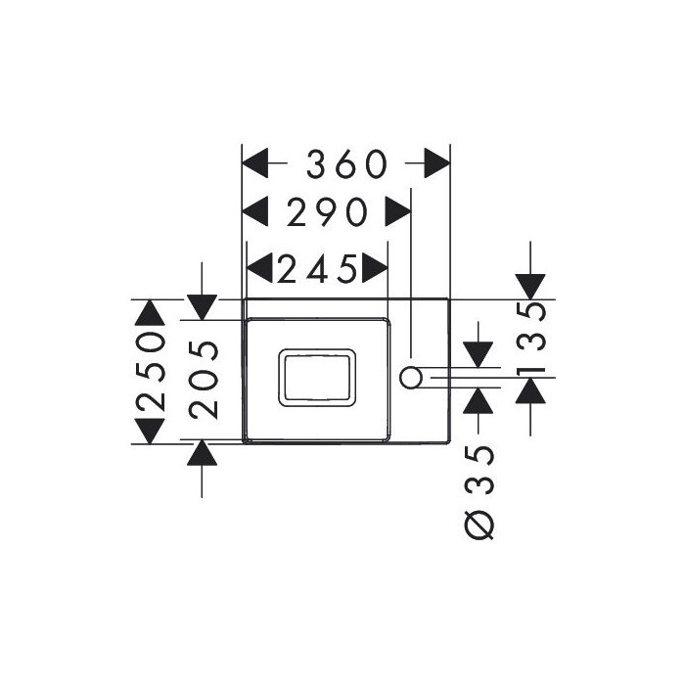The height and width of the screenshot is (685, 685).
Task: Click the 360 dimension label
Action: [346, 164]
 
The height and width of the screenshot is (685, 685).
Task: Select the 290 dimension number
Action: [327, 212]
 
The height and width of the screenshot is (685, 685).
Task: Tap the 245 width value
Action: [317, 268]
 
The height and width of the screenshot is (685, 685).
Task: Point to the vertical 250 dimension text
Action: [151, 371]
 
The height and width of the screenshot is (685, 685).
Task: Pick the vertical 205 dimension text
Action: [204, 380]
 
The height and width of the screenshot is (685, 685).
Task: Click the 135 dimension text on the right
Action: [530, 339]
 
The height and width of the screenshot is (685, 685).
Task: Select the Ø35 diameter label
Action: [479, 492]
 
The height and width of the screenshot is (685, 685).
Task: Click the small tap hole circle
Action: [410, 378]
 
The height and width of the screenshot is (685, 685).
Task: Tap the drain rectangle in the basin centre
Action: [317, 378]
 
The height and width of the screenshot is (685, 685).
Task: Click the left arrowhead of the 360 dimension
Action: [255, 163]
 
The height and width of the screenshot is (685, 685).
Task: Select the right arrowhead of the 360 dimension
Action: [436, 163]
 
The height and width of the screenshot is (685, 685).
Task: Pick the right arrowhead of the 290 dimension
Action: [397, 211]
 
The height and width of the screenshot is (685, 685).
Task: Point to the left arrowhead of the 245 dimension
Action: [259, 267]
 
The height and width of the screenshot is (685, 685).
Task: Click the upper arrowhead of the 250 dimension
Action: [150, 313]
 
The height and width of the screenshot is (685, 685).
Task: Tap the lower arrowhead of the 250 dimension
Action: [150, 432]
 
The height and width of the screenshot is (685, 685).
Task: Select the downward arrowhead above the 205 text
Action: [202, 307]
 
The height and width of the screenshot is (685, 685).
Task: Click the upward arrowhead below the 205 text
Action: [202, 452]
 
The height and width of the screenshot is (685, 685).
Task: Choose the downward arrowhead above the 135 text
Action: [530, 287]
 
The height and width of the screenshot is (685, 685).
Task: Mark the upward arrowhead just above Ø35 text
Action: [478, 400]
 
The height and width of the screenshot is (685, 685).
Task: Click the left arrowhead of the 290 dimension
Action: [255, 211]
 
